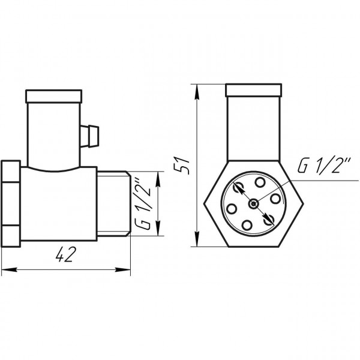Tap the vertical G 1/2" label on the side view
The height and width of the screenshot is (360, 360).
142,203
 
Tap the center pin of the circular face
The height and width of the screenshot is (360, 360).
254,203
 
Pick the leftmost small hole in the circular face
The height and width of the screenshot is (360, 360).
231,208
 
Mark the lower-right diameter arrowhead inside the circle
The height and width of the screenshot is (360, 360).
269,219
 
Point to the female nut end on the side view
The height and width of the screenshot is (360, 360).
11,202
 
